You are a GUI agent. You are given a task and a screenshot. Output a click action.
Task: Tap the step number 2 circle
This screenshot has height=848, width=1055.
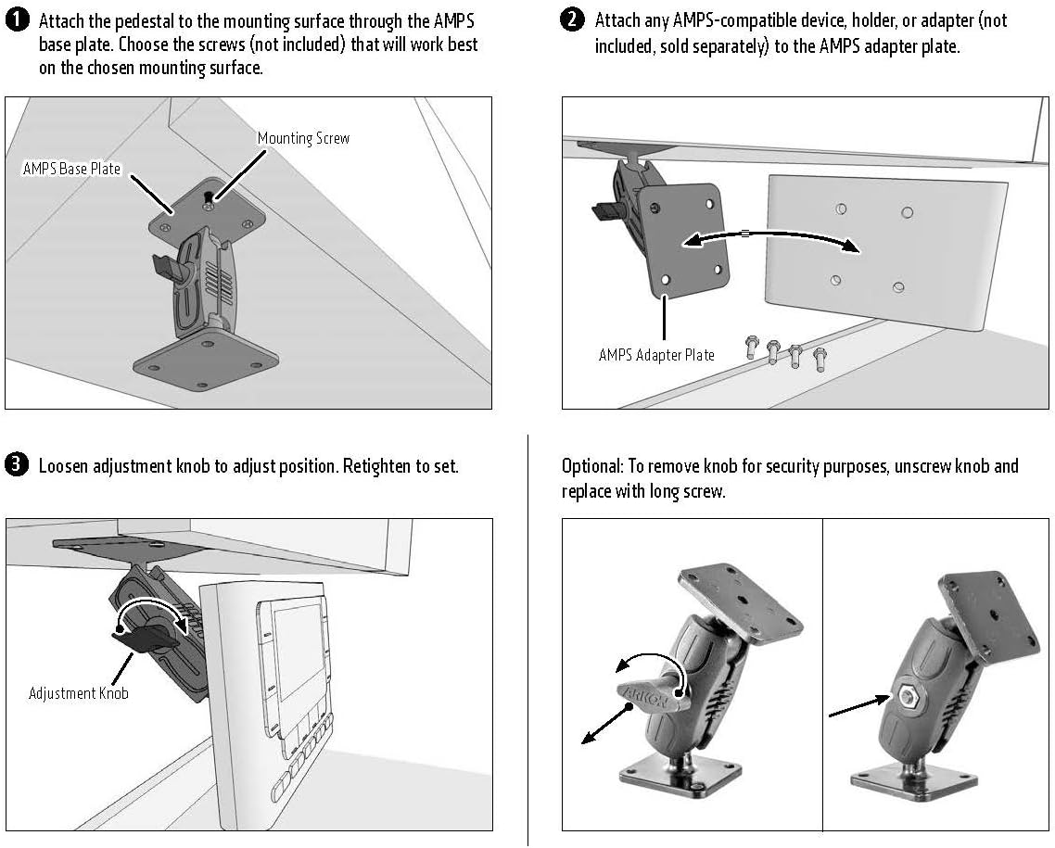pos(573,19)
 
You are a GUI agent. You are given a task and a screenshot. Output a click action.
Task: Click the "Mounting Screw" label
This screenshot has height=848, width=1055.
pos(303,138)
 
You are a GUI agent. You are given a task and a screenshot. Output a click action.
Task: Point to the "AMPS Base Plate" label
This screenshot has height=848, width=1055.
pos(72,170)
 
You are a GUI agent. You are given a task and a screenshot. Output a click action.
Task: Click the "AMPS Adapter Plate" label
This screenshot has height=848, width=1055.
pos(656,355)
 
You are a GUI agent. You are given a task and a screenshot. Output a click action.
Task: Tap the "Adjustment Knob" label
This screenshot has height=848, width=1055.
pos(78,693)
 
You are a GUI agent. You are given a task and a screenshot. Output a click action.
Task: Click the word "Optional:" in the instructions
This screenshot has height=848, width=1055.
pos(591,465)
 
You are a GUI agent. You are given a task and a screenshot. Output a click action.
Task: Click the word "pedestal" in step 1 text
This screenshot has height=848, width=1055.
pos(157,20)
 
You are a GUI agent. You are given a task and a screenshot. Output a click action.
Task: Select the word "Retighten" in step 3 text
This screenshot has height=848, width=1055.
pos(376,465)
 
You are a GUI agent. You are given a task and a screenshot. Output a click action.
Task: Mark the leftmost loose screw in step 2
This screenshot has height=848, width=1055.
pos(751,348)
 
